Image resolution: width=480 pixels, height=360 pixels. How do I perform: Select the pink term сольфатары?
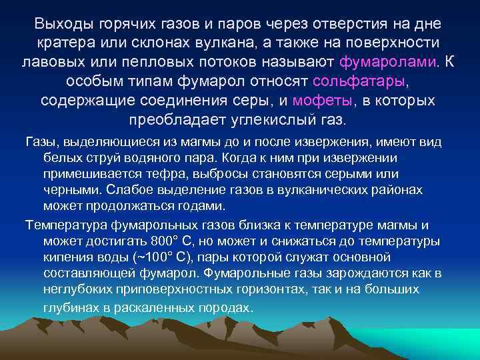click(359, 82)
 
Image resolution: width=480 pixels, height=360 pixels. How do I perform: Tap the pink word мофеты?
click(323, 101)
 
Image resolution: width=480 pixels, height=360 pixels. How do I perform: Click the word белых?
click(59, 158)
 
